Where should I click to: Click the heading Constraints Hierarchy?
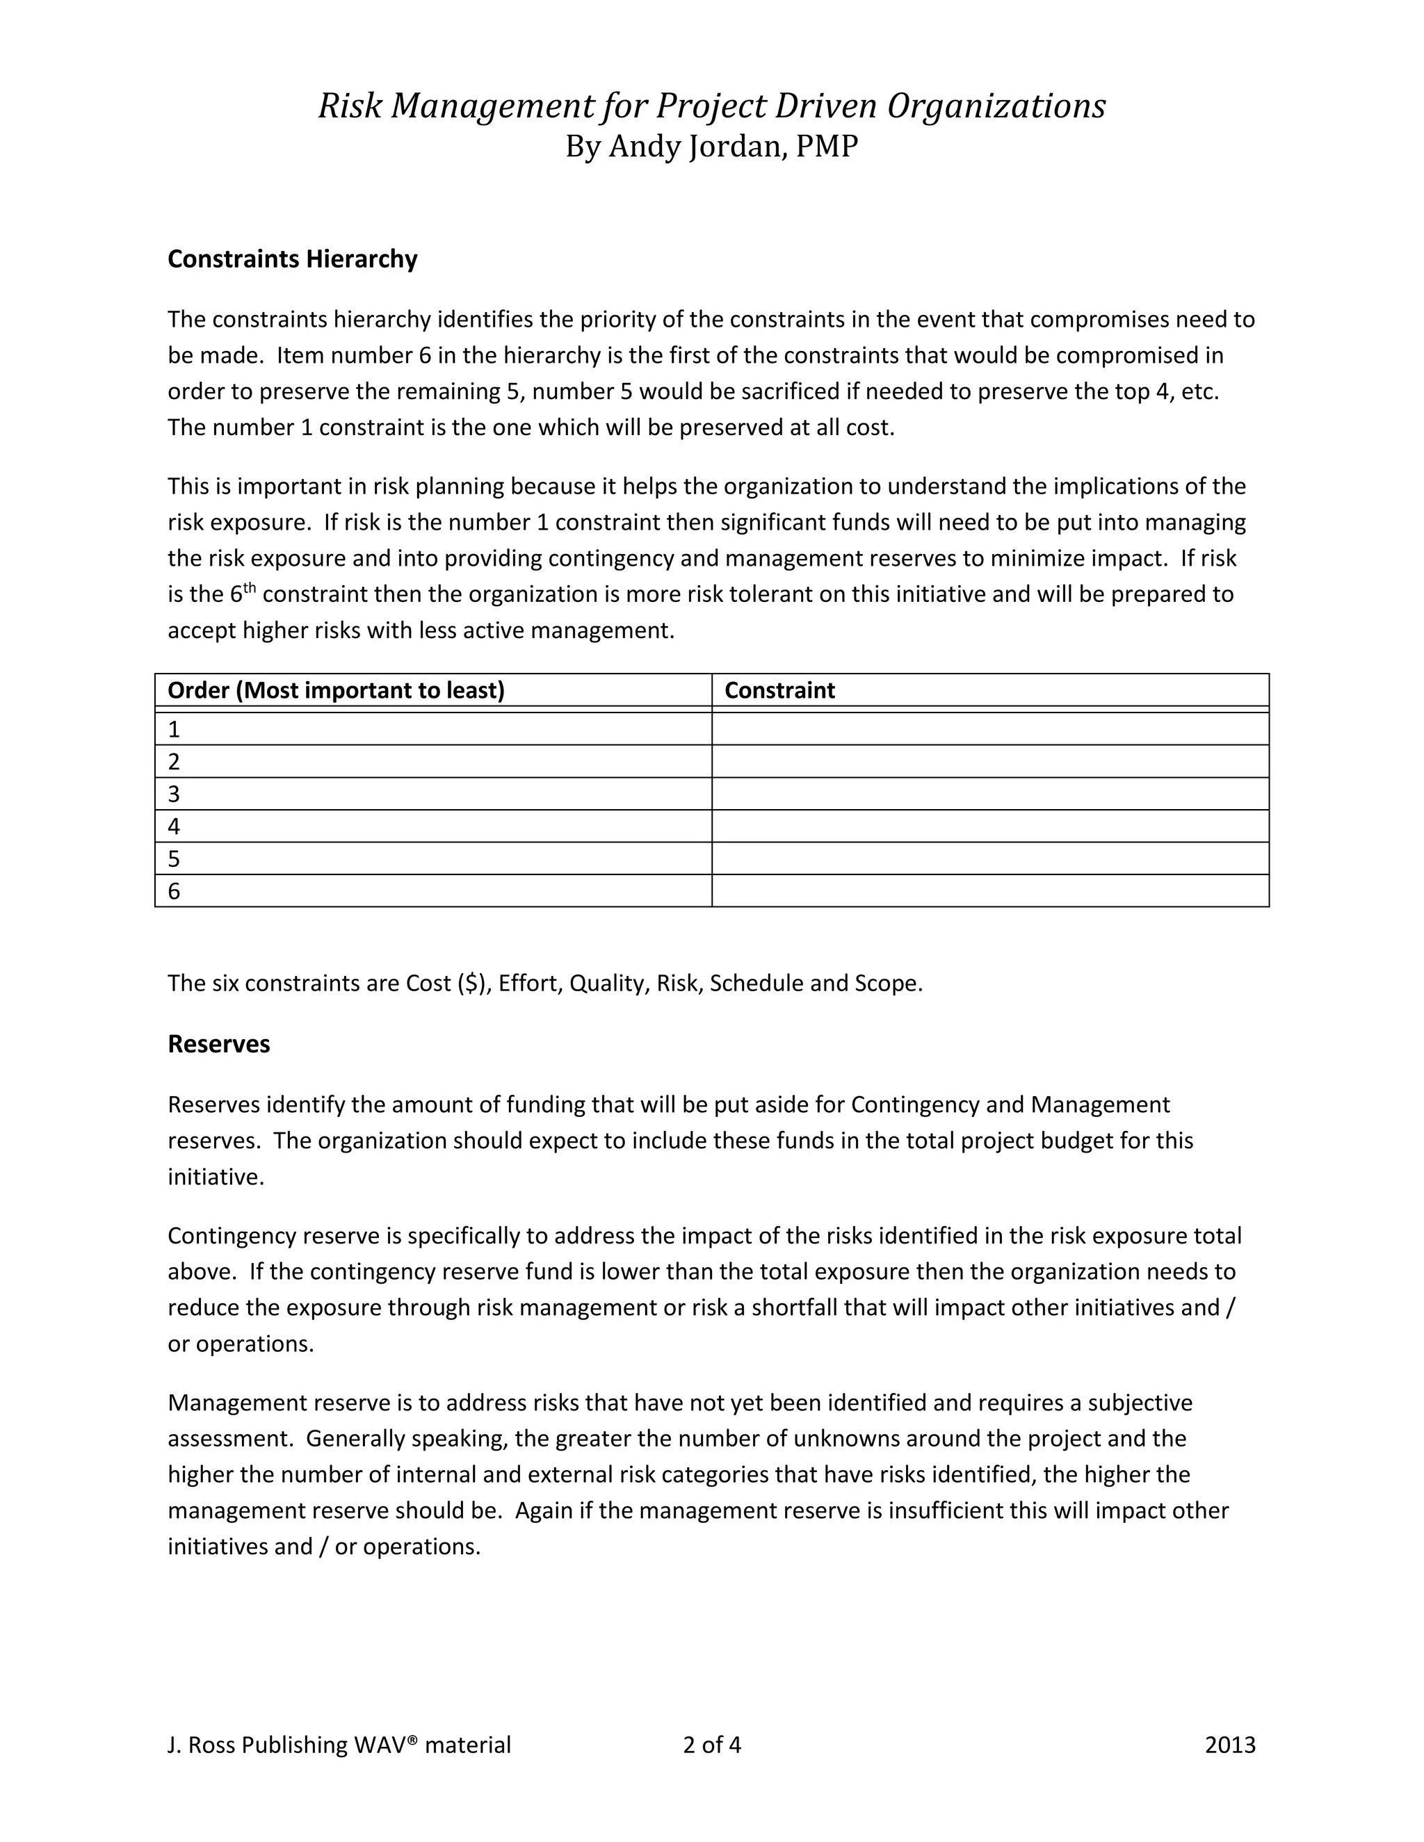(x=292, y=259)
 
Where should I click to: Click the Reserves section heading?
(x=218, y=1044)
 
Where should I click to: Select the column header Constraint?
(x=779, y=691)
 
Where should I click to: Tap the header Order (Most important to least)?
(x=336, y=691)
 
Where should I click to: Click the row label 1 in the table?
(x=174, y=730)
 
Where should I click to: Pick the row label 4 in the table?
(x=174, y=826)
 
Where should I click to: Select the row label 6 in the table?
(x=174, y=892)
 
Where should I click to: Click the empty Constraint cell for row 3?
(x=989, y=794)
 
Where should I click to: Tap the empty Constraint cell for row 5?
(x=989, y=858)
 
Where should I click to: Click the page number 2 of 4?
(x=711, y=1745)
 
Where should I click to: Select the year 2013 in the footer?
(x=1230, y=1745)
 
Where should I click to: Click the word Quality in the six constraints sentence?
(x=606, y=984)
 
